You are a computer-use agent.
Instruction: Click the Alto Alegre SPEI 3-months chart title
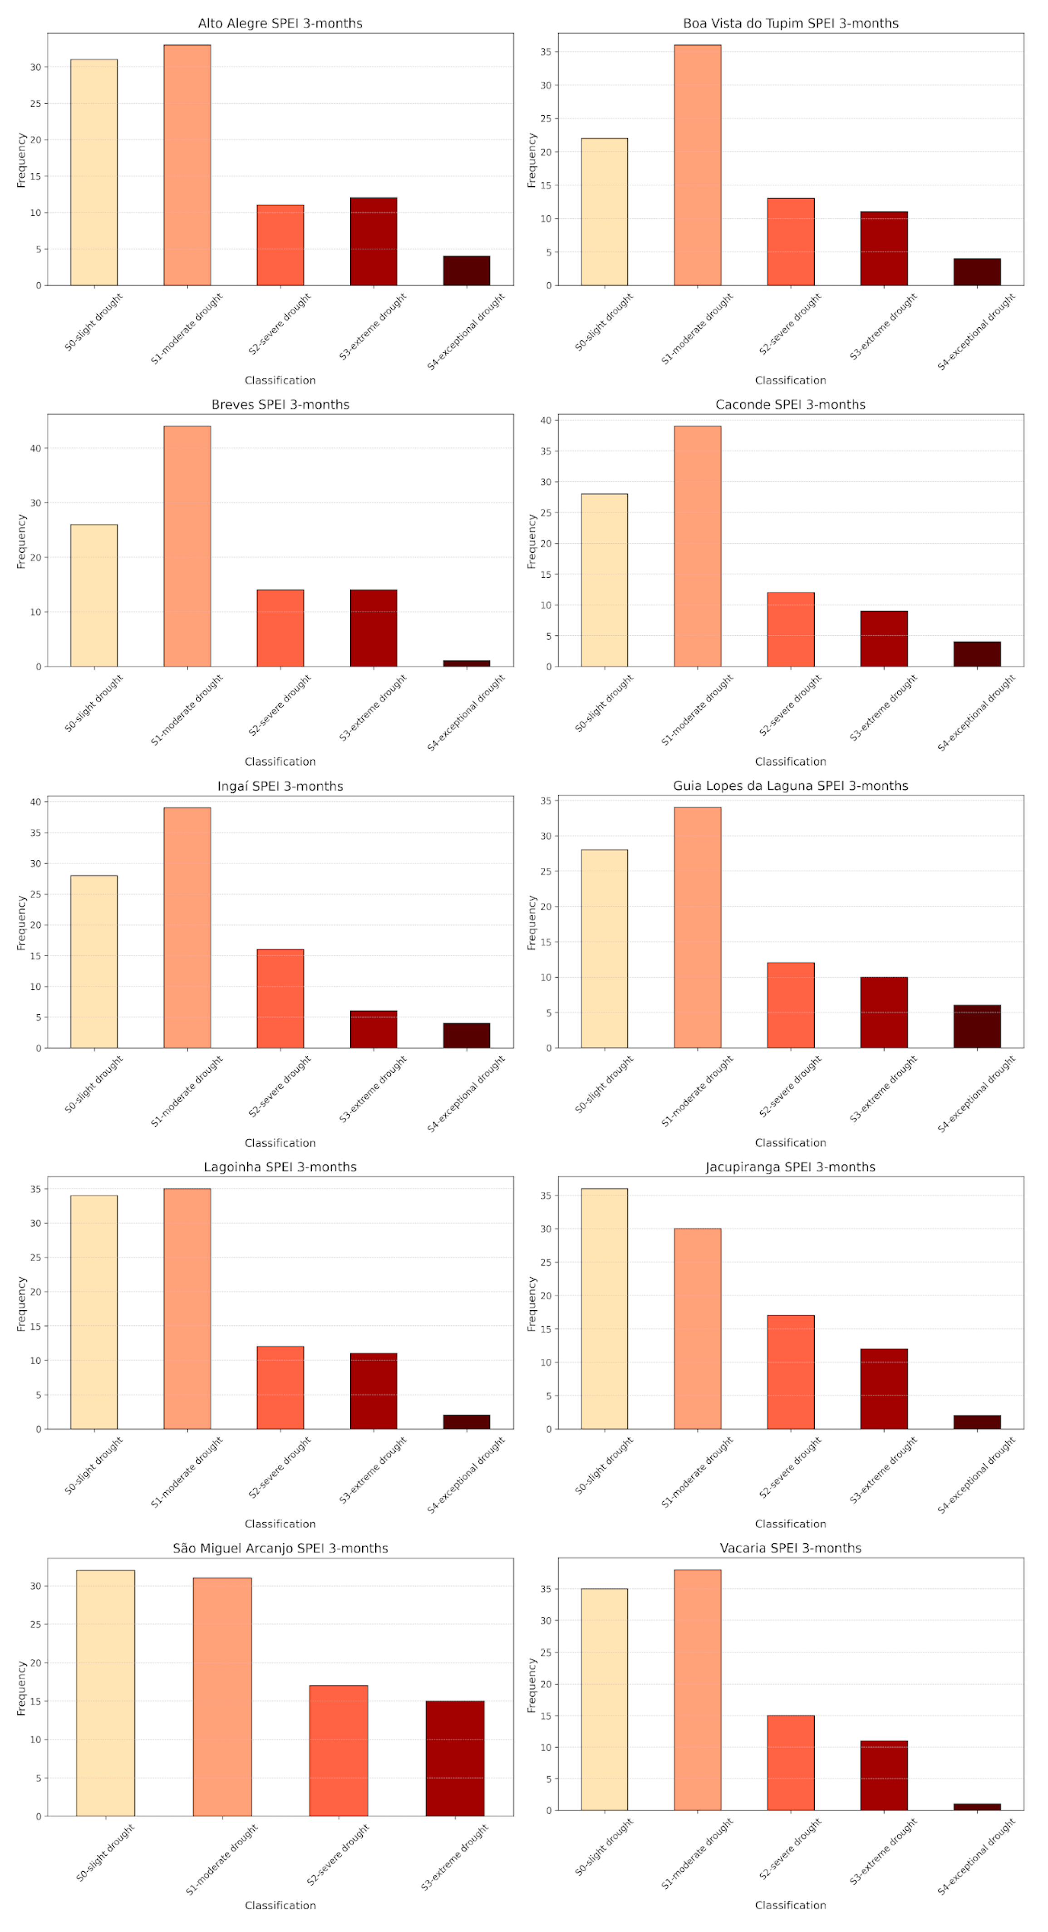pyautogui.click(x=280, y=23)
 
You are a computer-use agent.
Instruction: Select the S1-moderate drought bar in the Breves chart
pyautogui.click(x=187, y=546)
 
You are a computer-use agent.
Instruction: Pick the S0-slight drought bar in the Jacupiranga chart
pyautogui.click(x=604, y=1309)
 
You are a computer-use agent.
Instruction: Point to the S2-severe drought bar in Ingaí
pyautogui.click(x=280, y=998)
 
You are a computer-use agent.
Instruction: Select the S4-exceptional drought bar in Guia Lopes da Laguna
pyautogui.click(x=977, y=1026)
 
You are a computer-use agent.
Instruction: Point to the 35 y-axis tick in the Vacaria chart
pyautogui.click(x=546, y=1589)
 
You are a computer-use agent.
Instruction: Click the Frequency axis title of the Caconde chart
pyautogui.click(x=532, y=541)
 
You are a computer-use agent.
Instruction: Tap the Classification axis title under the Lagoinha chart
pyautogui.click(x=280, y=1524)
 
